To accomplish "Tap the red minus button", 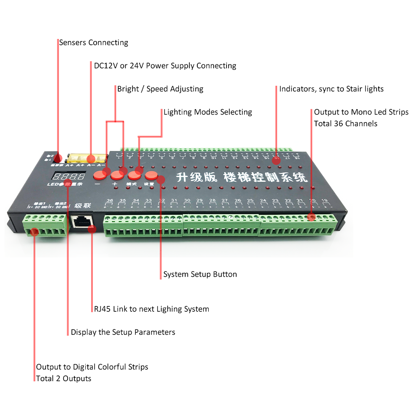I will point(99,174).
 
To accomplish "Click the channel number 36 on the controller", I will point(110,201).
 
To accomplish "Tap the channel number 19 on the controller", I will point(324,201).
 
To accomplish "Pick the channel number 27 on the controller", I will point(224,201).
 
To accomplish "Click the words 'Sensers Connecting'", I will point(93,43).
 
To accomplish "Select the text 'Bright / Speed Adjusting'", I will point(160,89).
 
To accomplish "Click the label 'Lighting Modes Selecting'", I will point(208,112).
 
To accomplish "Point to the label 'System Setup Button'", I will point(200,275).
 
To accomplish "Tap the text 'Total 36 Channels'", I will point(345,124).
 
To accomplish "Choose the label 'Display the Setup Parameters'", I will point(123,332).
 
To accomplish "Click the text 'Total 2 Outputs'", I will point(64,379).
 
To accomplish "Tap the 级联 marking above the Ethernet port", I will point(81,206).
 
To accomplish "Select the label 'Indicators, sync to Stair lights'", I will point(331,89).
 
